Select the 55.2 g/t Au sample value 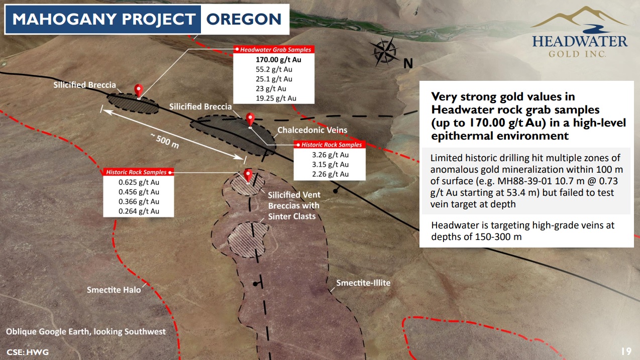click(x=274, y=69)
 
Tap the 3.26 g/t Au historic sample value click(x=330, y=155)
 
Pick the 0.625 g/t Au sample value click(x=139, y=182)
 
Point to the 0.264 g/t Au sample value click(x=139, y=211)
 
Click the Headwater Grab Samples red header click(x=274, y=49)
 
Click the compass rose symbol click(x=384, y=52)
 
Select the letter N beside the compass click(x=408, y=63)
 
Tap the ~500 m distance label click(x=165, y=141)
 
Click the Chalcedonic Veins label click(x=312, y=130)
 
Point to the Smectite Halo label click(x=114, y=290)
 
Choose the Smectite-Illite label click(x=363, y=283)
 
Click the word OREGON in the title click(x=244, y=19)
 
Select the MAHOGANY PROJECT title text click(x=103, y=19)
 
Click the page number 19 click(x=626, y=351)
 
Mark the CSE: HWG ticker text click(x=28, y=352)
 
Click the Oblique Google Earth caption click(x=86, y=331)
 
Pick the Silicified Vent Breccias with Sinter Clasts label click(x=294, y=205)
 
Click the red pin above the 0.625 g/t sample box click(x=248, y=175)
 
